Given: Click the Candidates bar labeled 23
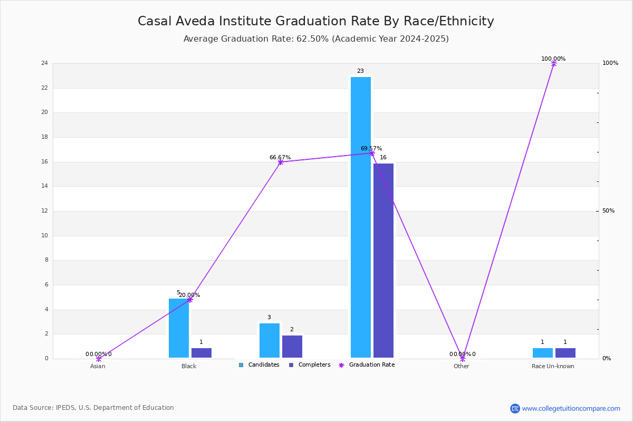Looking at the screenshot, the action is (x=361, y=217).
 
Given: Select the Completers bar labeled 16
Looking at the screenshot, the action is (x=383, y=261).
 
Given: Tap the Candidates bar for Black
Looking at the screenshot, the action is (x=179, y=328).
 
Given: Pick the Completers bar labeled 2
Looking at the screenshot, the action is (x=292, y=347).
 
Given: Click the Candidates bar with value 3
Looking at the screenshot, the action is (x=270, y=340).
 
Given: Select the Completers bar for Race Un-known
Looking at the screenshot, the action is (x=565, y=353).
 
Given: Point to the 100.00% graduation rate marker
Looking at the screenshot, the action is (x=554, y=64).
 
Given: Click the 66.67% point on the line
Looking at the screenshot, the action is (x=281, y=162).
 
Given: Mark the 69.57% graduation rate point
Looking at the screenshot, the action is (x=372, y=154).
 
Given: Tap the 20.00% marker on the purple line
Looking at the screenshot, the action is (x=190, y=300).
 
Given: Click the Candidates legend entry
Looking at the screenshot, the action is (x=259, y=365).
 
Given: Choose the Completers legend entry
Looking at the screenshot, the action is (x=310, y=365).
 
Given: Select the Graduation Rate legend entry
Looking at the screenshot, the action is (x=367, y=365).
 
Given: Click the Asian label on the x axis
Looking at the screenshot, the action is (x=98, y=366).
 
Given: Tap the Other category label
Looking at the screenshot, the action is (x=462, y=366).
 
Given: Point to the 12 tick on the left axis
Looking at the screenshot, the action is (x=45, y=210).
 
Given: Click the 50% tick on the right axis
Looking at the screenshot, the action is (x=608, y=210).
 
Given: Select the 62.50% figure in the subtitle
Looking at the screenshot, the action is (x=312, y=39).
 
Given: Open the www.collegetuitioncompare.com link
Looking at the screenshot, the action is (x=571, y=408).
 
